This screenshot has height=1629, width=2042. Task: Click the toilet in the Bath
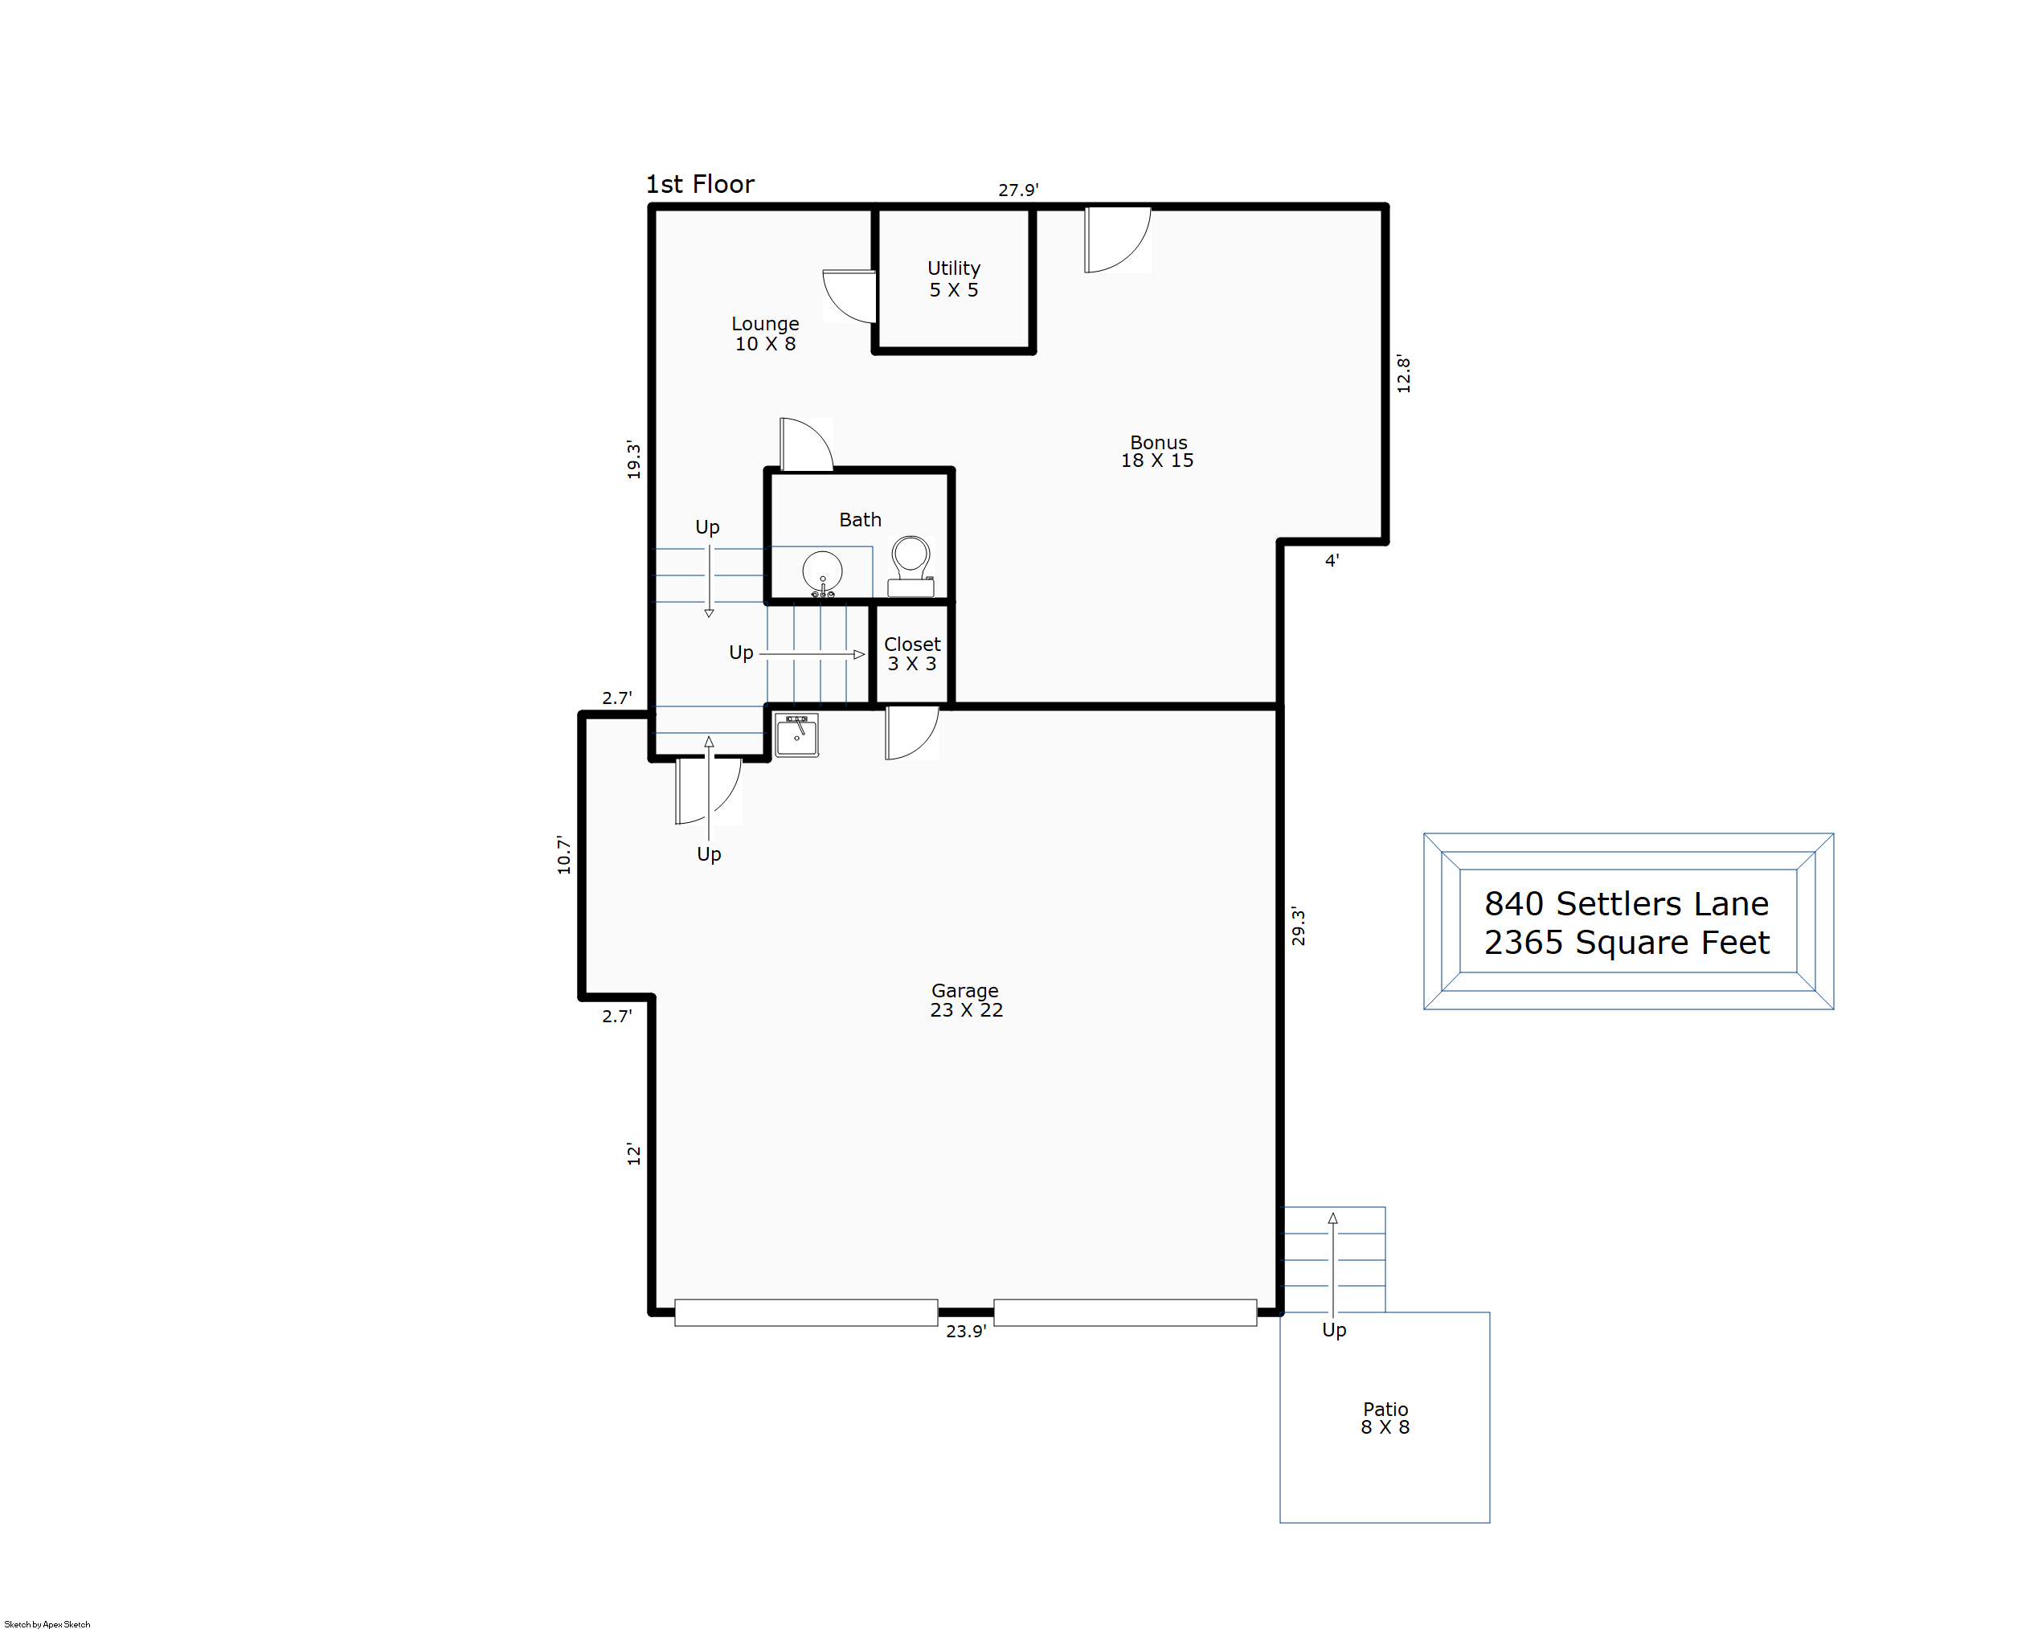(911, 566)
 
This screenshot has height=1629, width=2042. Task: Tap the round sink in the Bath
(822, 574)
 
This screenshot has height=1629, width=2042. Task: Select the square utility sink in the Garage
(796, 736)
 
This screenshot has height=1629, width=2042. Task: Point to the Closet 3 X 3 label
(912, 653)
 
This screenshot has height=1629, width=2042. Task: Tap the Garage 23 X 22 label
(966, 1000)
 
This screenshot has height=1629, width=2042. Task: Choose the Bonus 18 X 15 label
(1157, 451)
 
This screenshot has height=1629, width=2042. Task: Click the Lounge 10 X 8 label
(765, 334)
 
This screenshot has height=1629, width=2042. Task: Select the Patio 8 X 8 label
(1385, 1418)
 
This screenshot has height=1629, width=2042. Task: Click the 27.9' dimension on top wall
(1018, 190)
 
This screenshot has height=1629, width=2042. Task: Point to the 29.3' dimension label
(1299, 927)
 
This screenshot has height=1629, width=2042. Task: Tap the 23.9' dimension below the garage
(966, 1331)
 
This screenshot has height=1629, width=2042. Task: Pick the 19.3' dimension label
(633, 460)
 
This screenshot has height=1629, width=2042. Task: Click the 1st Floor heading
(700, 184)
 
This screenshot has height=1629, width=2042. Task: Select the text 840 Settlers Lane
(1627, 903)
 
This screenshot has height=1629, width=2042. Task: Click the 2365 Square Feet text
(1627, 943)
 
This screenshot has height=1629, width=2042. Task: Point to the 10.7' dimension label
(564, 854)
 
